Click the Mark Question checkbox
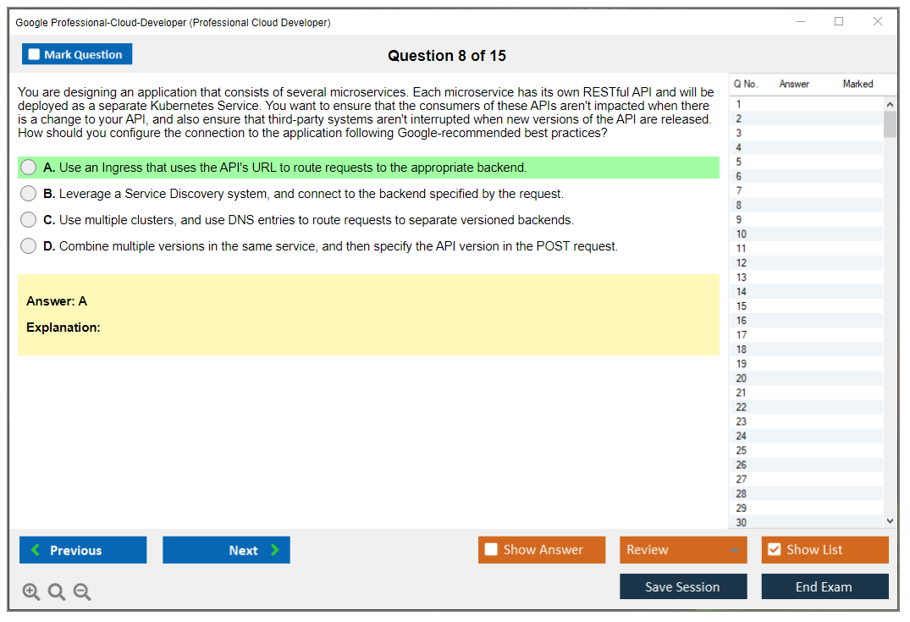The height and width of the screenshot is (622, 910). (x=34, y=54)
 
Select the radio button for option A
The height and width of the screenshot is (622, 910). (x=29, y=167)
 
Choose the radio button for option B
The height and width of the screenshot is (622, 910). (x=29, y=193)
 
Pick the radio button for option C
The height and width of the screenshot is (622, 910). (x=29, y=219)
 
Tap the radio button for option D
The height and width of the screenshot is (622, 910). (x=29, y=245)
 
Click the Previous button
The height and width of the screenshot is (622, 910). (x=83, y=549)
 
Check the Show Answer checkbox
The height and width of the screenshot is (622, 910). (x=491, y=549)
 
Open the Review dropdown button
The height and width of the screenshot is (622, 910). (x=683, y=549)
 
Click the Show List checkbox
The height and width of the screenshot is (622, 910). (x=775, y=549)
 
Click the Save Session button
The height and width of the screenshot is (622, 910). (x=683, y=586)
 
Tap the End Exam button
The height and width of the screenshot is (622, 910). (x=825, y=586)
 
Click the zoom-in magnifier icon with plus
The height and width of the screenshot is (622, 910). (x=31, y=592)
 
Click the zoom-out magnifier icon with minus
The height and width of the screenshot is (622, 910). (x=82, y=592)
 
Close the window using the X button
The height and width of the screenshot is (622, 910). (x=878, y=21)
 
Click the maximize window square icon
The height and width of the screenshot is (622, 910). (x=839, y=21)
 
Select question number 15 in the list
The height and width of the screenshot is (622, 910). (x=741, y=305)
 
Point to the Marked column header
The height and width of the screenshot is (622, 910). (x=858, y=84)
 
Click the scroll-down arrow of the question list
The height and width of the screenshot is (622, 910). (x=890, y=521)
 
